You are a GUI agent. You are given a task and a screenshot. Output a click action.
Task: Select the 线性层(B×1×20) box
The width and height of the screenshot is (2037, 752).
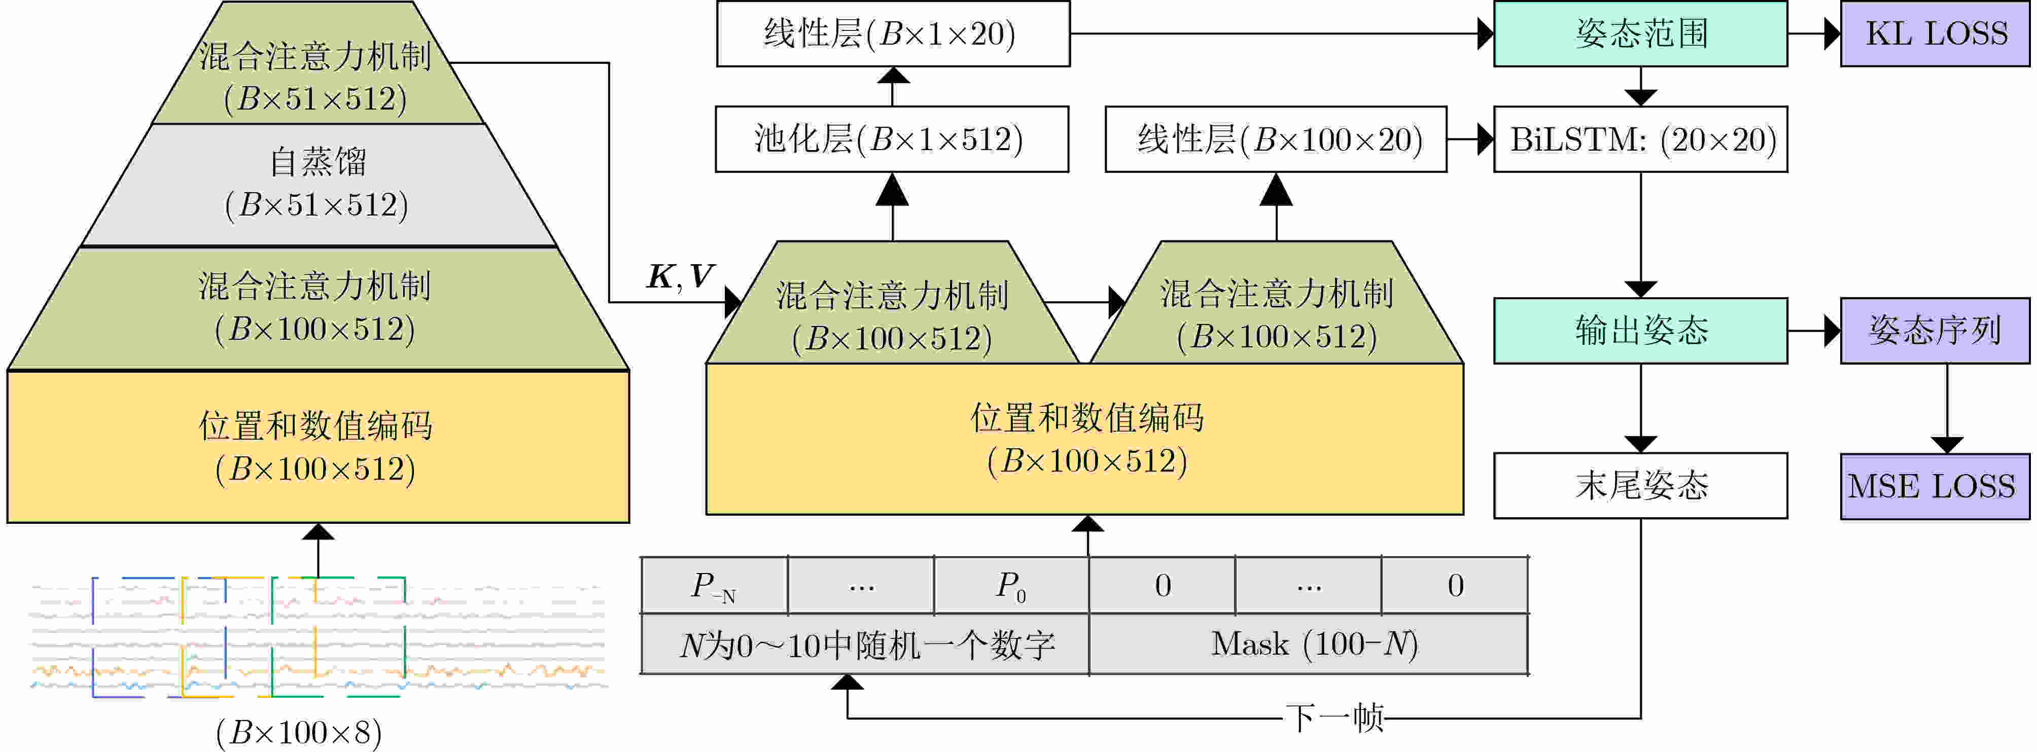[893, 33]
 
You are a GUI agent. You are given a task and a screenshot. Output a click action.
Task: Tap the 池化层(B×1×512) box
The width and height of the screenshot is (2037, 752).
[892, 139]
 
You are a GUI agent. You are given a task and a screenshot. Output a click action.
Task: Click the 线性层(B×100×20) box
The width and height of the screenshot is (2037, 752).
[1276, 139]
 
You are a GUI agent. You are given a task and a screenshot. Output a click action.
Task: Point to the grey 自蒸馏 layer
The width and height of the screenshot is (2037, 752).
[319, 185]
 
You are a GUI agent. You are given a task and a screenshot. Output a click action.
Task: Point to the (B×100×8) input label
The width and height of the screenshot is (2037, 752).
[299, 733]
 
